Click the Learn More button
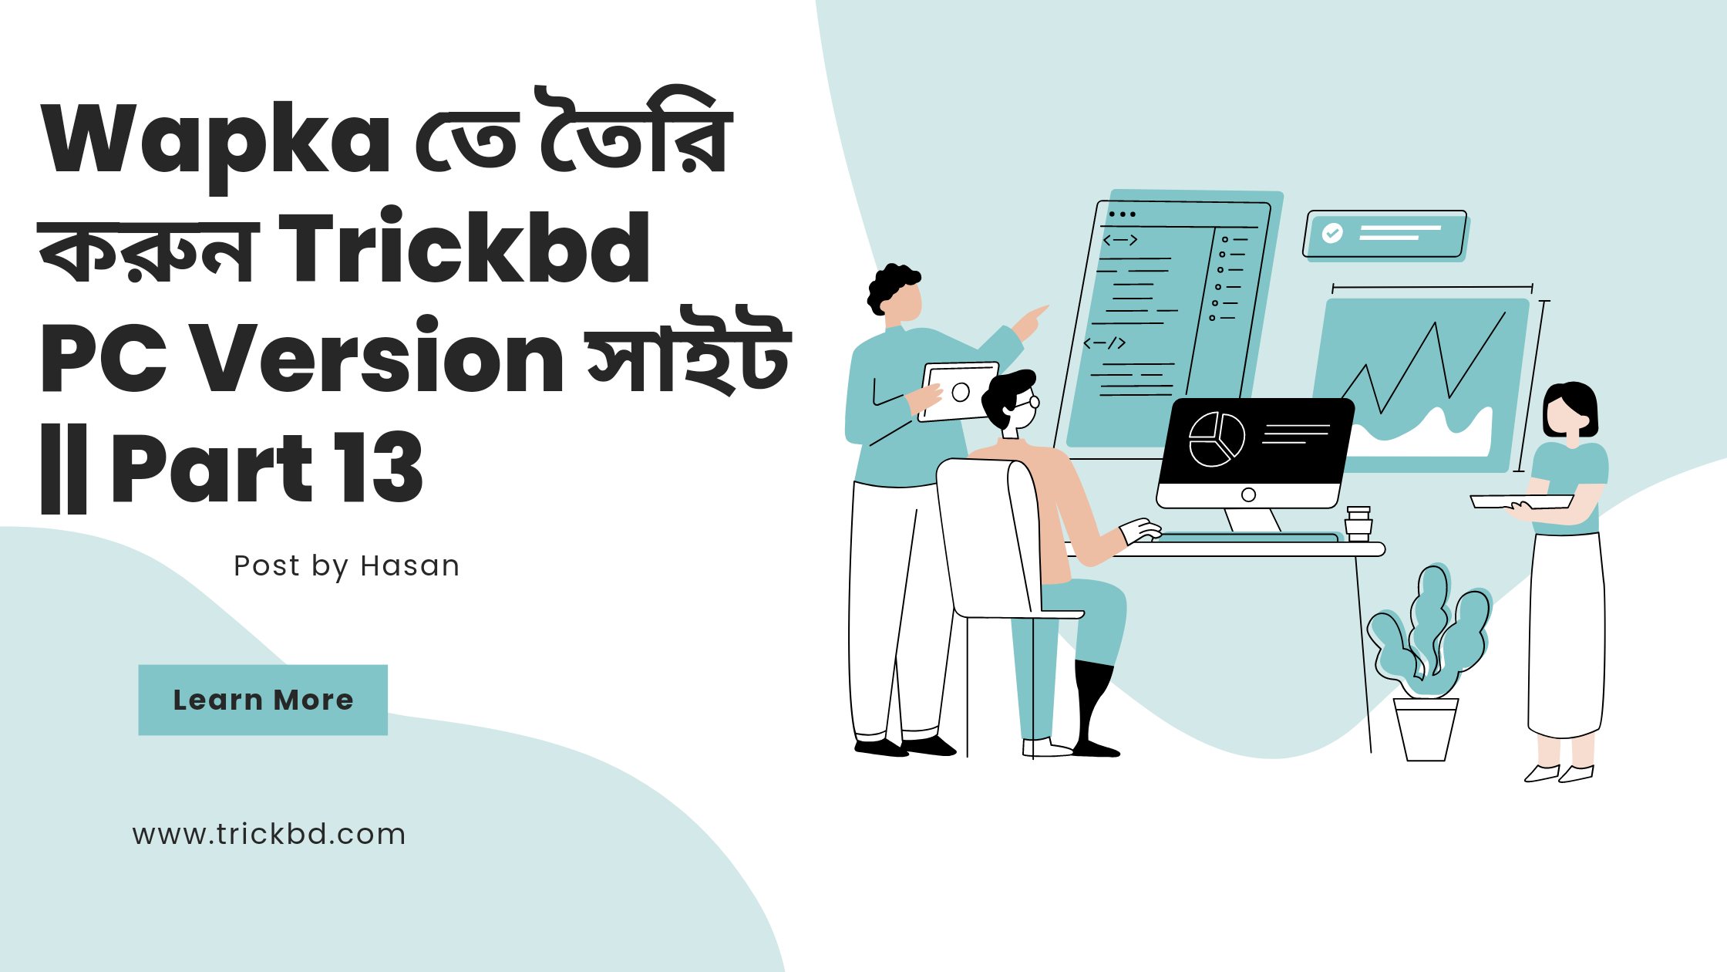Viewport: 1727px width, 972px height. (263, 700)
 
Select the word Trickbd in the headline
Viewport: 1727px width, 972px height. (464, 246)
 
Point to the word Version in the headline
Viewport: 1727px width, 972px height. (378, 356)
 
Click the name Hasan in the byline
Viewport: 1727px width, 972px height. (409, 566)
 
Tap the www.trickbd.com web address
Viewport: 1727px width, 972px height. (269, 834)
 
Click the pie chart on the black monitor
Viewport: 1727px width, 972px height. (1217, 439)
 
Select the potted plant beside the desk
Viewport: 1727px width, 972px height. (1427, 663)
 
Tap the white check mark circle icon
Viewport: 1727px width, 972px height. (1332, 233)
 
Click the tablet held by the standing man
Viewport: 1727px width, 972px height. (958, 392)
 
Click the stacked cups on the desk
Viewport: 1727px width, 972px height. (1358, 523)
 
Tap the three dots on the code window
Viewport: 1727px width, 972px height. (1123, 214)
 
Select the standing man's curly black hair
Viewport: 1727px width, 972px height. (890, 285)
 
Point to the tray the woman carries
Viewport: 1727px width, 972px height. (1521, 501)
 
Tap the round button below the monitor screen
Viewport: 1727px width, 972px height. (1249, 494)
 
